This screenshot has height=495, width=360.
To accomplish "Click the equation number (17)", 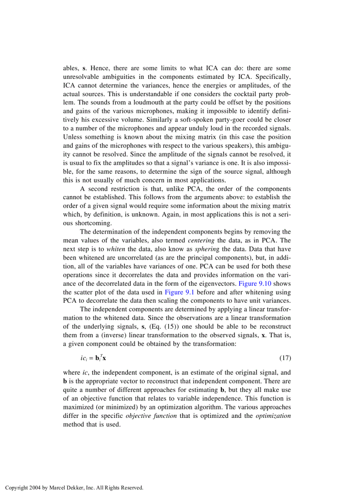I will click(285, 357).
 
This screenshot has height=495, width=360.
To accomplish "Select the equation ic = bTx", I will click(90, 357).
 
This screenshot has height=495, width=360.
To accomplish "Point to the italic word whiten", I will click(116, 249).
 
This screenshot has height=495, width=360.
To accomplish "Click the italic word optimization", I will click(273, 416).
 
